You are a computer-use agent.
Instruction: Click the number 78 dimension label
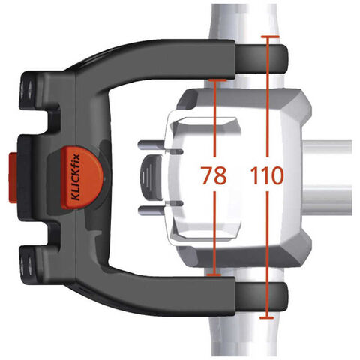click(214, 175)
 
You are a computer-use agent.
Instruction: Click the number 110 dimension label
click(267, 175)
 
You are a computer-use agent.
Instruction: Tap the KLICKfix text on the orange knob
click(76, 177)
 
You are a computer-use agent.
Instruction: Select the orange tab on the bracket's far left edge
click(13, 178)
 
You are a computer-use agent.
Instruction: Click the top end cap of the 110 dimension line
click(270, 37)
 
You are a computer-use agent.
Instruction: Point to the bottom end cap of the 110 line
click(267, 318)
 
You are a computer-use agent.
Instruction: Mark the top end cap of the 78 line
click(217, 80)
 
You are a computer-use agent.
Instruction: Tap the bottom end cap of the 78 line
click(214, 275)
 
